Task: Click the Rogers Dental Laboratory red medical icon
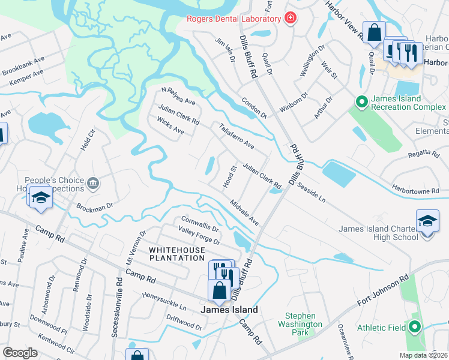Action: [x=291, y=19]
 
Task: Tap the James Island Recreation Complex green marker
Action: [x=361, y=103]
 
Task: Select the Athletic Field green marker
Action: [x=414, y=328]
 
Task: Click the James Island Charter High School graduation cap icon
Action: [x=427, y=222]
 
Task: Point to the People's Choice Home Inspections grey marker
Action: [x=93, y=184]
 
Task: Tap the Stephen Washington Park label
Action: [x=304, y=324]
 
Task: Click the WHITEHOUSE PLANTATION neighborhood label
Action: [x=177, y=253]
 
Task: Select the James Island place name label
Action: [x=229, y=310]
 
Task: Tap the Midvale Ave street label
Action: [x=244, y=213]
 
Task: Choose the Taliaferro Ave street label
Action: [x=237, y=137]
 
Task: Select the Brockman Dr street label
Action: [x=95, y=207]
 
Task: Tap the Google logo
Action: [x=20, y=353]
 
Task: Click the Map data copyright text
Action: [x=423, y=355]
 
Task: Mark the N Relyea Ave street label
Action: [x=178, y=96]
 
